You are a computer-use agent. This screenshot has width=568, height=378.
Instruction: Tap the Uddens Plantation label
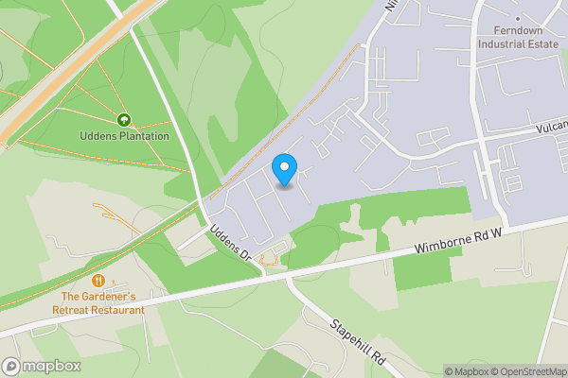coord(124,136)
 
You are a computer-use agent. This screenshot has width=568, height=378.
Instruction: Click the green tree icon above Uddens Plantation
coord(124,120)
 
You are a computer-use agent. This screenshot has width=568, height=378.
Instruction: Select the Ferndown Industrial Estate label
coord(518,36)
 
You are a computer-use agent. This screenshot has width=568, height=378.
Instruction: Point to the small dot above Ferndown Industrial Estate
coord(518,18)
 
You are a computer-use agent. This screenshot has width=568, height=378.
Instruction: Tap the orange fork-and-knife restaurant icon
coord(98,281)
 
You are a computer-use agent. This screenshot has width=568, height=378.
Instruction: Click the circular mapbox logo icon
coord(11,367)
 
